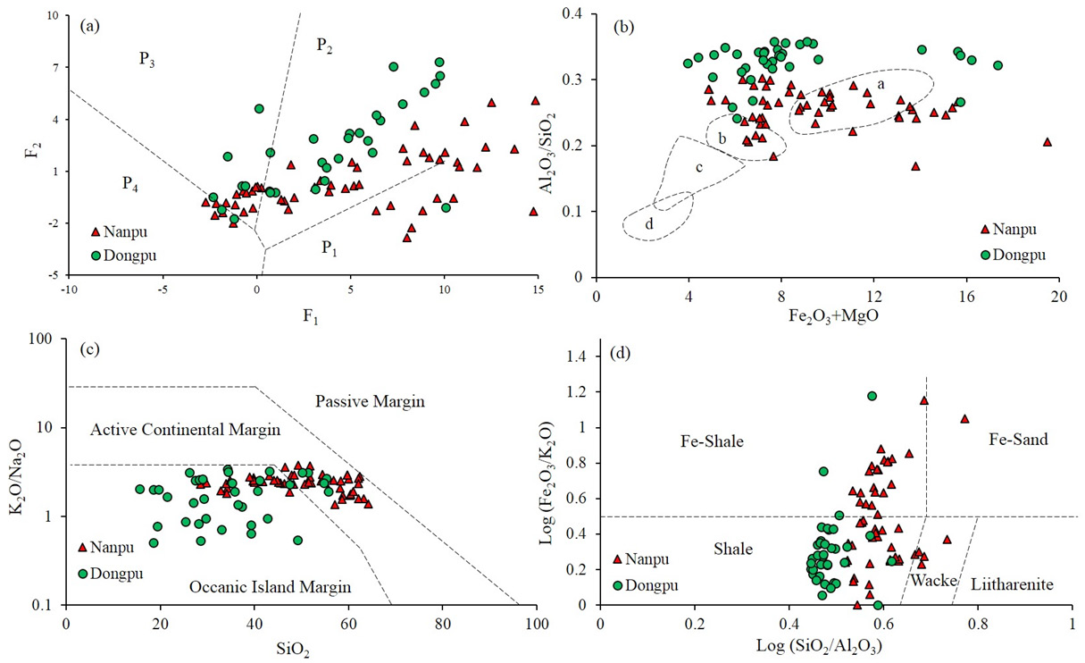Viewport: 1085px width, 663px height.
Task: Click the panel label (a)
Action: point(90,26)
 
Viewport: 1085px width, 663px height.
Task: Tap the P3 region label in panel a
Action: point(149,59)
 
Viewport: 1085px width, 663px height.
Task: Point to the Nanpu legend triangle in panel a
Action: point(96,232)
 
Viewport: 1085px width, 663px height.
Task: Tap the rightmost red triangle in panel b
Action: point(1047,142)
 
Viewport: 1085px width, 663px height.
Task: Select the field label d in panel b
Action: point(650,225)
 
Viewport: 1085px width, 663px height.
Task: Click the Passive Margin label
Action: point(370,402)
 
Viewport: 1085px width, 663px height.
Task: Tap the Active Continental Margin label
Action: point(186,431)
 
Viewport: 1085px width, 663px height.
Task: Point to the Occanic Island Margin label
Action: point(270,587)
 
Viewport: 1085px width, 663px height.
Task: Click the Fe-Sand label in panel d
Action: point(1019,440)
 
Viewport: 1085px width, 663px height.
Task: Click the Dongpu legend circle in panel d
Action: point(618,585)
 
